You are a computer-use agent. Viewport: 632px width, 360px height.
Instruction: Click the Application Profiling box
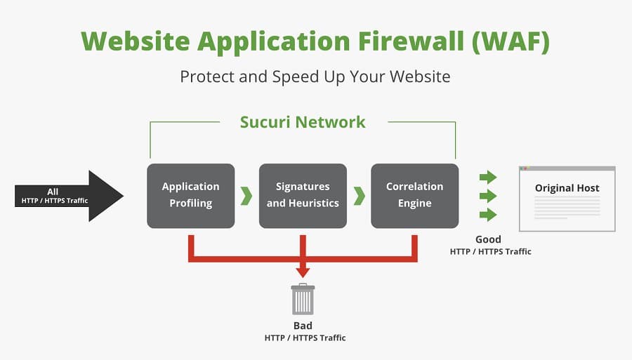click(190, 196)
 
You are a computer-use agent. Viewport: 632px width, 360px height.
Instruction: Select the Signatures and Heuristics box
click(303, 196)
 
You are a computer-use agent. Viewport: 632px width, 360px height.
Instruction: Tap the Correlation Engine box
click(415, 196)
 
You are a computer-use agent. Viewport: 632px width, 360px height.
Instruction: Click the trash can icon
click(303, 299)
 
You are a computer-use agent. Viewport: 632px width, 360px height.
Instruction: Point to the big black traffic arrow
click(69, 196)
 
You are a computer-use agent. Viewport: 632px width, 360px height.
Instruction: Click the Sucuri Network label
click(303, 122)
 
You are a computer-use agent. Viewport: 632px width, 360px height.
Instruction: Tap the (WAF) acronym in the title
click(511, 41)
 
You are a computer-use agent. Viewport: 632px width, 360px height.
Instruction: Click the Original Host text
click(567, 188)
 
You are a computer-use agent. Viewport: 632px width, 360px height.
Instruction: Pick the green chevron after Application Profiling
click(246, 196)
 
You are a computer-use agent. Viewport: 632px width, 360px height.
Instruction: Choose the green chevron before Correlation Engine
click(359, 196)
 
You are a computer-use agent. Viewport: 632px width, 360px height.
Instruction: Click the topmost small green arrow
click(488, 177)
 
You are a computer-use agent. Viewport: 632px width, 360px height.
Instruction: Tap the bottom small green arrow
click(488, 215)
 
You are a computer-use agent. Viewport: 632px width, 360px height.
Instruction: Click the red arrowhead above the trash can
click(303, 272)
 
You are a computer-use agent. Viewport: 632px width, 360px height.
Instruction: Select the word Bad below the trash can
click(303, 326)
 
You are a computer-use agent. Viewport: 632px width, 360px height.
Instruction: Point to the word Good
click(488, 239)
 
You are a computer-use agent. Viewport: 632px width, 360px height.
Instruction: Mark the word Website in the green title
click(136, 41)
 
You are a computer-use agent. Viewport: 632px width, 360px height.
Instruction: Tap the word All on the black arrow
click(53, 192)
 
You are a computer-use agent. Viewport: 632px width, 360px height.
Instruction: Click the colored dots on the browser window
click(524, 168)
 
